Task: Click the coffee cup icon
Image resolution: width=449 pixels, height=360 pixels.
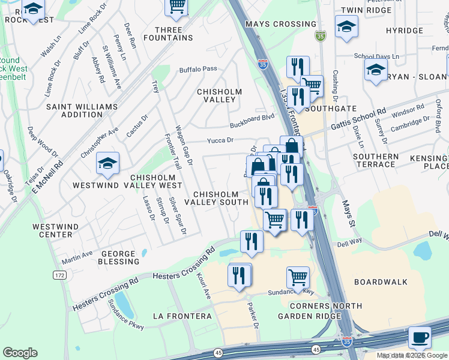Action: pos(420,337)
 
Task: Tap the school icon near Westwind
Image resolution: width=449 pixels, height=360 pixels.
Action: pos(107,163)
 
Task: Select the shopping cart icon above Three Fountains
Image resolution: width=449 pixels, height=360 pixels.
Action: pos(176,6)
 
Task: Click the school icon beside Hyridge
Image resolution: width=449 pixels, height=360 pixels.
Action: pos(346,26)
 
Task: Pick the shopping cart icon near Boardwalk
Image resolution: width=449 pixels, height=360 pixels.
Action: pos(298,277)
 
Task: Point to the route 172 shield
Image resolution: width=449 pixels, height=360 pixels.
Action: pos(59,275)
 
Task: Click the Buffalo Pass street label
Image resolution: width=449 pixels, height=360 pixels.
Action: pos(198,70)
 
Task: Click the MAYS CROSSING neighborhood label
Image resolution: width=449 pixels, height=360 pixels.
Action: pos(281,24)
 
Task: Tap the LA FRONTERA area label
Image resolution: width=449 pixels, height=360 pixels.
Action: pos(182,316)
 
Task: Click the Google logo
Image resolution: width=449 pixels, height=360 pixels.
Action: pos(20,353)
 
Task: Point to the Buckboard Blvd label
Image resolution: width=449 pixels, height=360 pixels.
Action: pos(252,122)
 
